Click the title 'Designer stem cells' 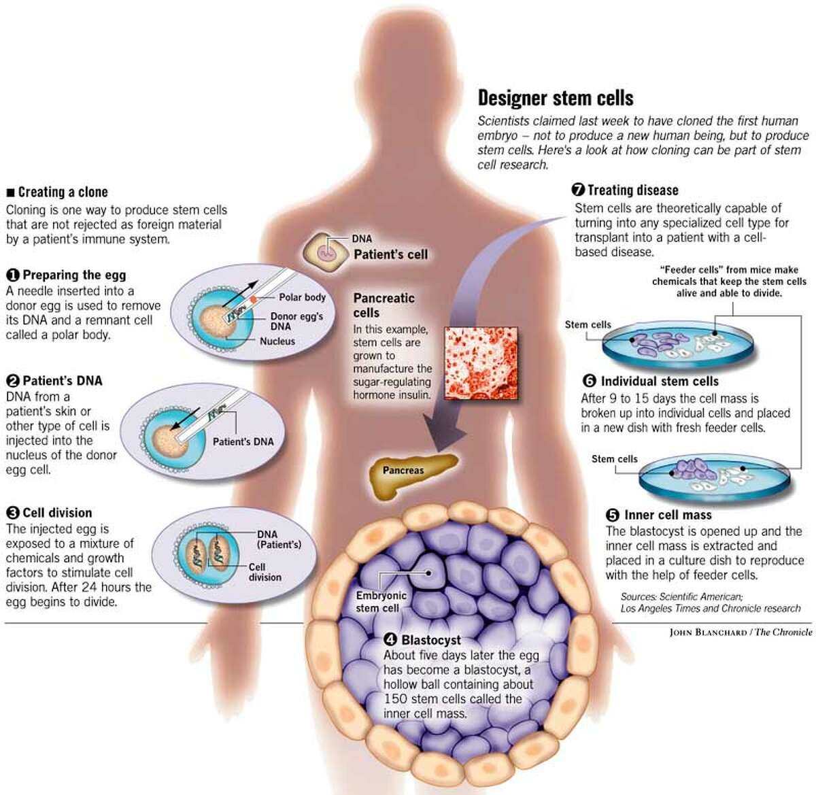556,98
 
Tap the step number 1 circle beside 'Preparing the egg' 13,275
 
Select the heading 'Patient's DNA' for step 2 62,381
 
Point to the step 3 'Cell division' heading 57,513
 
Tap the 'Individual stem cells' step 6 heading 659,382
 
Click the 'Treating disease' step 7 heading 632,190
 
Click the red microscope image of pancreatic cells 480,364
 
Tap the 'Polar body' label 302,297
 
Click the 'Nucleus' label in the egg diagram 277,341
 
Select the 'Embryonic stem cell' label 381,602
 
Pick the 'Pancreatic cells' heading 384,305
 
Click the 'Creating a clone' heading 63,192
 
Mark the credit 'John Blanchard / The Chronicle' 741,632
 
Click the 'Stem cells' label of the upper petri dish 588,325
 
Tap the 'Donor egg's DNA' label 296,321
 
